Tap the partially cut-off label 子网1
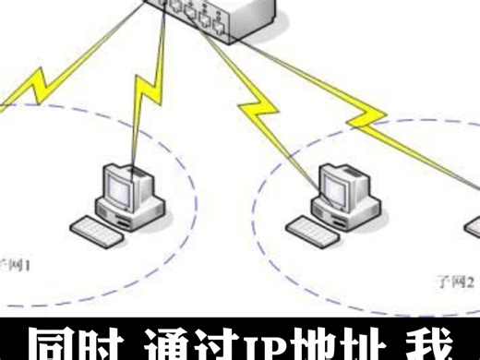tap(17, 264)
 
